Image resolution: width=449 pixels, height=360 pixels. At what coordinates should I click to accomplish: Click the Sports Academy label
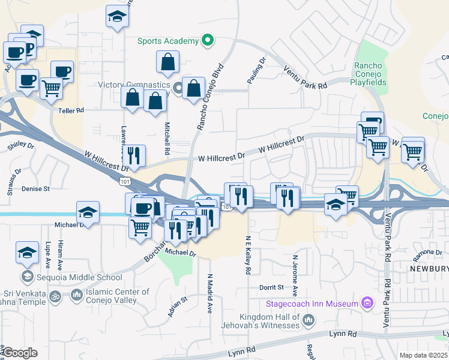(167, 41)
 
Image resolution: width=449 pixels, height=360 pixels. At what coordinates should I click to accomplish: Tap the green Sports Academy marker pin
(208, 41)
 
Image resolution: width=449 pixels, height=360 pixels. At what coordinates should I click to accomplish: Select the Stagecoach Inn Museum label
(312, 304)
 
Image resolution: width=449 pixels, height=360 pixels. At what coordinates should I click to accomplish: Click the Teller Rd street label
(71, 110)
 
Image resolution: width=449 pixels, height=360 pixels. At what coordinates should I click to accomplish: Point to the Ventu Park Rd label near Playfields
(306, 78)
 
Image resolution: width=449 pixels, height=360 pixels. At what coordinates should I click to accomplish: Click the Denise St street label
(35, 188)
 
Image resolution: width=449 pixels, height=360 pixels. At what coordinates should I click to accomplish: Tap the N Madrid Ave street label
(210, 293)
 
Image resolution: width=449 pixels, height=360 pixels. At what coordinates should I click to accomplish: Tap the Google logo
(20, 353)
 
